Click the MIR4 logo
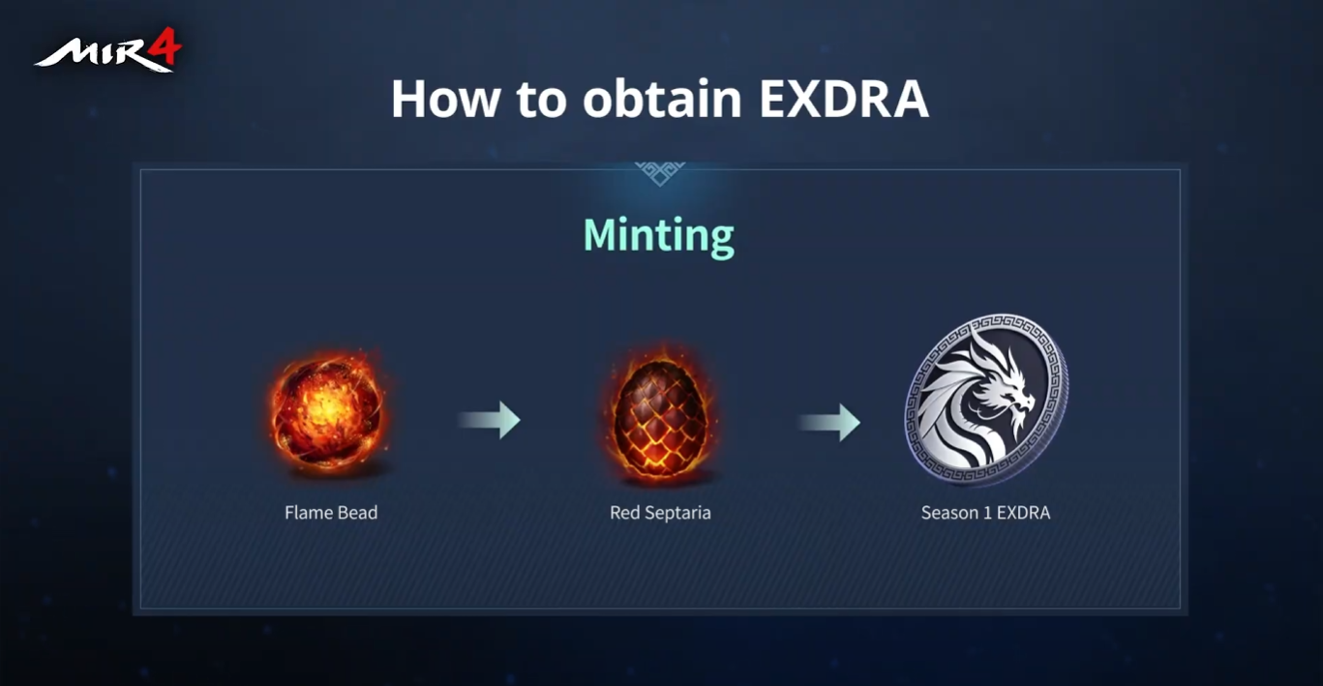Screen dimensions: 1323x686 (x=107, y=50)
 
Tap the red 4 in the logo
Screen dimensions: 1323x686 (x=165, y=46)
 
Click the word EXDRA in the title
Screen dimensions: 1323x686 (x=844, y=99)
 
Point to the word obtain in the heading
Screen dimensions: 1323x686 (x=662, y=99)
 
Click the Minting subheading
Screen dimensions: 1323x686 (x=658, y=237)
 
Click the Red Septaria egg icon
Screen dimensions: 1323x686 (x=660, y=413)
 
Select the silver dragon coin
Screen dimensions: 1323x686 (x=986, y=399)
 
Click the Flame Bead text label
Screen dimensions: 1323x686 (x=331, y=513)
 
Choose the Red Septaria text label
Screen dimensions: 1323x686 (x=660, y=513)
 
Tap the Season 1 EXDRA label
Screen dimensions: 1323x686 (x=986, y=513)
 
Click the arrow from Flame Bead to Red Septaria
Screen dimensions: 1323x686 (x=489, y=420)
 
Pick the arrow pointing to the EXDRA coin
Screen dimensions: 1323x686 (x=829, y=422)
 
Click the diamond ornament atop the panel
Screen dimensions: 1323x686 (x=660, y=173)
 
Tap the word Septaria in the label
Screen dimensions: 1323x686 (x=678, y=514)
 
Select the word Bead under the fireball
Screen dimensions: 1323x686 (x=358, y=513)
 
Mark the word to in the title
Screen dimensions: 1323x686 (x=542, y=101)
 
